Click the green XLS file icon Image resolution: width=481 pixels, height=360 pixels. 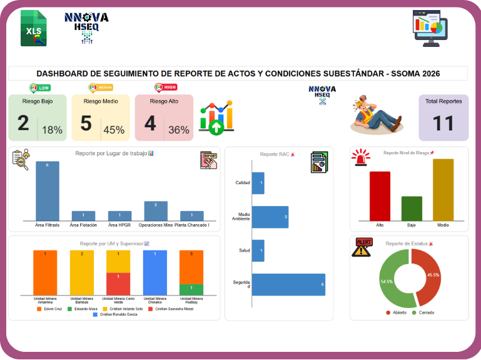pos(34,28)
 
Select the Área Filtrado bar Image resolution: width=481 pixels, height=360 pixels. pos(48,190)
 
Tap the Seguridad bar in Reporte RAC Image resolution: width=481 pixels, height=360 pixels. pos(288,284)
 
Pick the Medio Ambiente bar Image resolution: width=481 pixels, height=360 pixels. pos(270,217)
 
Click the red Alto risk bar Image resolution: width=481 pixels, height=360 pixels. pos(380,195)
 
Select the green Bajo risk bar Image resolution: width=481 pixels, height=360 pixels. pos(412,208)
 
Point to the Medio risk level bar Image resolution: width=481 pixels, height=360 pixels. pos(443,189)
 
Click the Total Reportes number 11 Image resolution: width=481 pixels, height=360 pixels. pos(443,123)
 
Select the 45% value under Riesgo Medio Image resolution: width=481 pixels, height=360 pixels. pos(114,130)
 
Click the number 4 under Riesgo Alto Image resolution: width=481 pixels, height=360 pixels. pos(150,123)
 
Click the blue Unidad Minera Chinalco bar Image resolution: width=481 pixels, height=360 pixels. pos(155,273)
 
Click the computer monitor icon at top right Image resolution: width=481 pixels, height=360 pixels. pos(430,29)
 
